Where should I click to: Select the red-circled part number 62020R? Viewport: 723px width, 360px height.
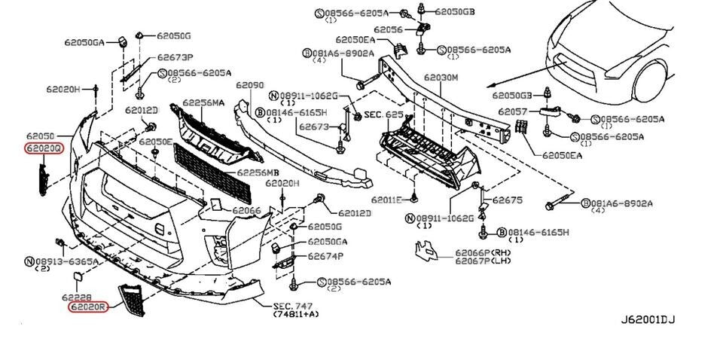88,307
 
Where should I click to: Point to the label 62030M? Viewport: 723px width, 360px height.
441,78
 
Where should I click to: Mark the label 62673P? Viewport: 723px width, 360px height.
175,57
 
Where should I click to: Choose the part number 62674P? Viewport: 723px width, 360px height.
325,256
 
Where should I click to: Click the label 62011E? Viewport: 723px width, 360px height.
389,200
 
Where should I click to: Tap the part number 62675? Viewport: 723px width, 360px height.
508,200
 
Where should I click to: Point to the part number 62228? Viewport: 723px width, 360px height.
83,297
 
